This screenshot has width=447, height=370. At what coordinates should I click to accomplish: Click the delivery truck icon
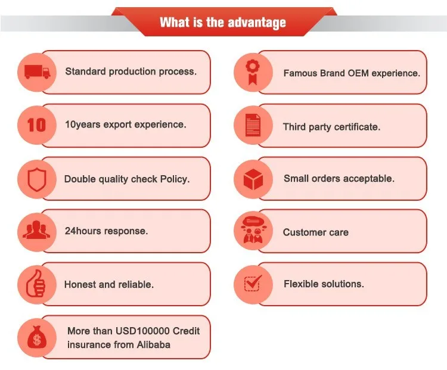click(36, 72)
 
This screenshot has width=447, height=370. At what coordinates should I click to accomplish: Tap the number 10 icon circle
click(36, 125)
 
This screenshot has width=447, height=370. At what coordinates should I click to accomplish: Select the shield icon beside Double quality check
click(36, 178)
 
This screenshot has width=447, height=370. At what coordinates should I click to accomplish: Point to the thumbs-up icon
click(36, 284)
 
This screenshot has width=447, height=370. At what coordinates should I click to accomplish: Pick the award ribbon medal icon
click(253, 72)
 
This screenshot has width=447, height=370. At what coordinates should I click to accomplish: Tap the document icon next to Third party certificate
click(253, 125)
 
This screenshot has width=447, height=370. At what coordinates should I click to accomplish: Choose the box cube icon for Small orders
click(253, 178)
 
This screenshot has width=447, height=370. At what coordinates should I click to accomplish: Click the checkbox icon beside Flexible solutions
click(253, 284)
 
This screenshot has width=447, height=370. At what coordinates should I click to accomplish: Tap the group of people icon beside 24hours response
click(36, 231)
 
